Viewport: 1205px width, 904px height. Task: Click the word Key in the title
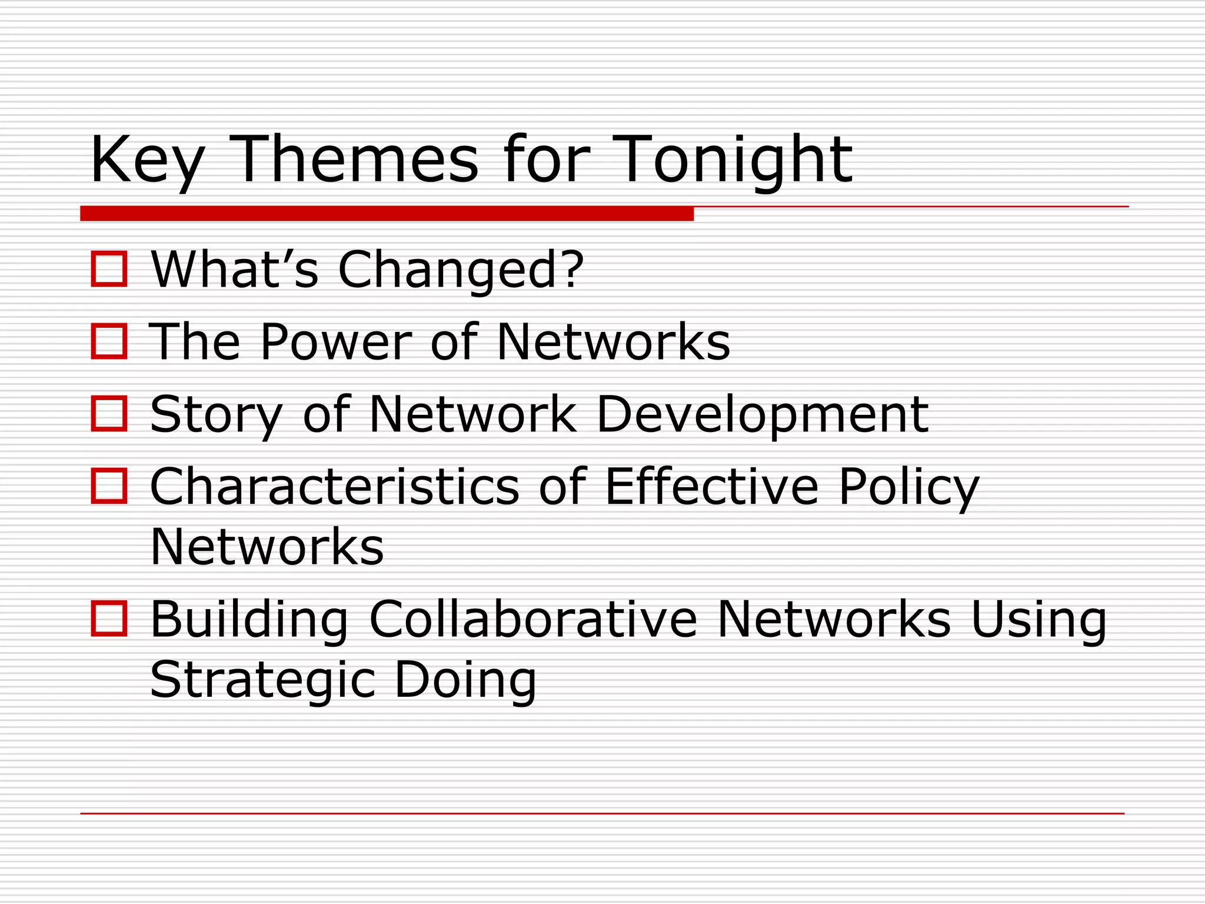tap(147, 160)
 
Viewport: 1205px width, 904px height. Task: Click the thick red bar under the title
tap(387, 214)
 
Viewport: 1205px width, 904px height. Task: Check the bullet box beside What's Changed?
tap(109, 269)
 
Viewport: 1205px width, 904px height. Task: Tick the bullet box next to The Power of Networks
tap(109, 341)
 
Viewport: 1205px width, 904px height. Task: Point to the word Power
tap(336, 342)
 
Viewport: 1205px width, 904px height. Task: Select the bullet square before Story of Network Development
tap(109, 414)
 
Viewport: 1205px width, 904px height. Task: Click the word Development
tap(762, 415)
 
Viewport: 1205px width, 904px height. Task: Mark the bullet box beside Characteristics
tap(109, 486)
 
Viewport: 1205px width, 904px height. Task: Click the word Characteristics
tap(334, 487)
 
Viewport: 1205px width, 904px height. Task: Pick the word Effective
tap(711, 487)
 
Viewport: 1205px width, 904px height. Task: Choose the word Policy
tap(908, 487)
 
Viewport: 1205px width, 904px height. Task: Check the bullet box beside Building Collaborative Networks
tap(109, 619)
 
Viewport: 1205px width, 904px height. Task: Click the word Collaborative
tap(532, 619)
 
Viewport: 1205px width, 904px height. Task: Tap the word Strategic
tap(262, 680)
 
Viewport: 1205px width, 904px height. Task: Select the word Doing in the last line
tap(465, 680)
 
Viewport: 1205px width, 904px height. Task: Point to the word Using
tap(1038, 619)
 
